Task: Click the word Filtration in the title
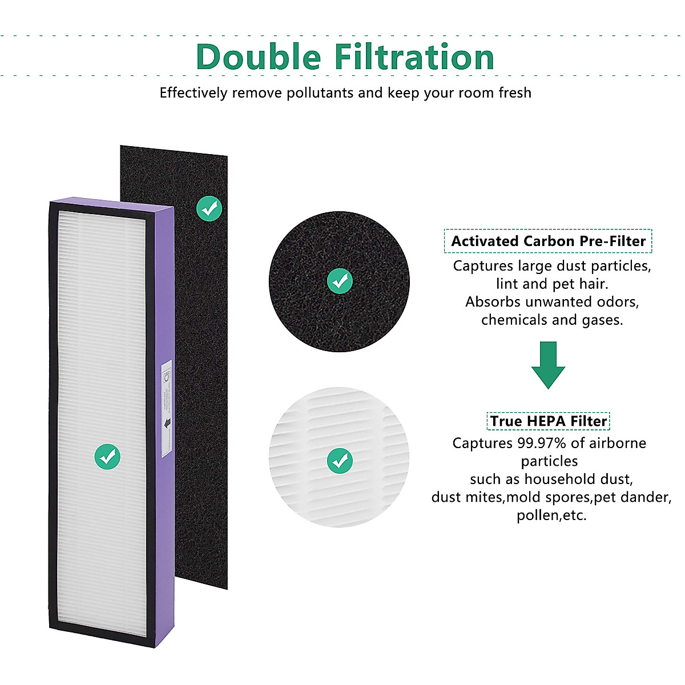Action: [414, 57]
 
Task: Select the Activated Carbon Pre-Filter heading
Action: [548, 241]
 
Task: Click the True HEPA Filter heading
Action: [548, 421]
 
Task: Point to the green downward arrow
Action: [548, 365]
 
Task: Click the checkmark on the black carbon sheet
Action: [209, 209]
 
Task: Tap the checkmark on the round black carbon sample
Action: [340, 281]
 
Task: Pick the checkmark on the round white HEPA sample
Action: [340, 460]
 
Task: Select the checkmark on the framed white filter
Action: [107, 456]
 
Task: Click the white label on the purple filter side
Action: [166, 408]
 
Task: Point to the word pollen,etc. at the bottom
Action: [551, 515]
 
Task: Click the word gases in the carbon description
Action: [602, 320]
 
